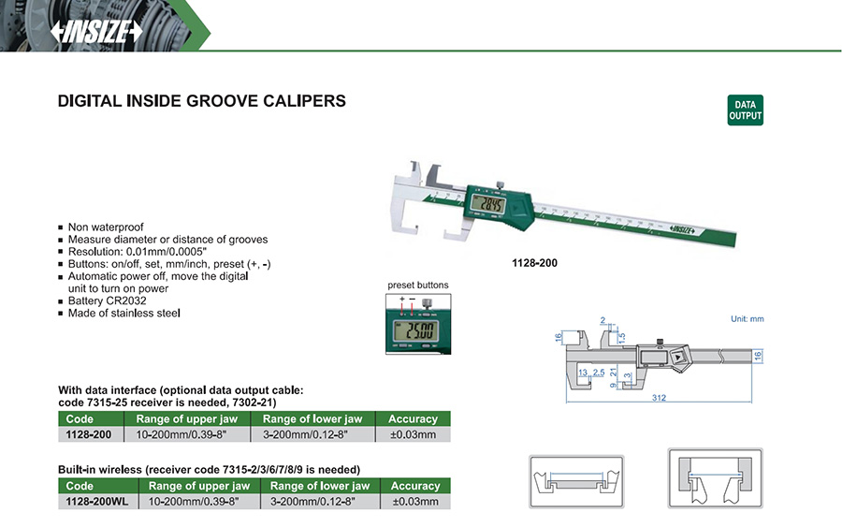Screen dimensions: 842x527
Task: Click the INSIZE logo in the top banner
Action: pyautogui.click(x=96, y=31)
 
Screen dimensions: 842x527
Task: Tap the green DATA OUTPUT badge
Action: pyautogui.click(x=746, y=110)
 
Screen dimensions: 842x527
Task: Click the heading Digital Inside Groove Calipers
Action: pyautogui.click(x=202, y=101)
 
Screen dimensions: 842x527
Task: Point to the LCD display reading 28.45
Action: pyautogui.click(x=488, y=204)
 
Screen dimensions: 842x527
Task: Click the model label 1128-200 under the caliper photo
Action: pyautogui.click(x=534, y=263)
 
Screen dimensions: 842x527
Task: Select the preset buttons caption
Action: pyautogui.click(x=418, y=285)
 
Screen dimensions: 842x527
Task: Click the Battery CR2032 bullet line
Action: pyautogui.click(x=107, y=300)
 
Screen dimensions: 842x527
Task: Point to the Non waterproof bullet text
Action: pyautogui.click(x=105, y=227)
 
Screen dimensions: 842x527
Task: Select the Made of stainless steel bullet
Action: pyautogui.click(x=124, y=314)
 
